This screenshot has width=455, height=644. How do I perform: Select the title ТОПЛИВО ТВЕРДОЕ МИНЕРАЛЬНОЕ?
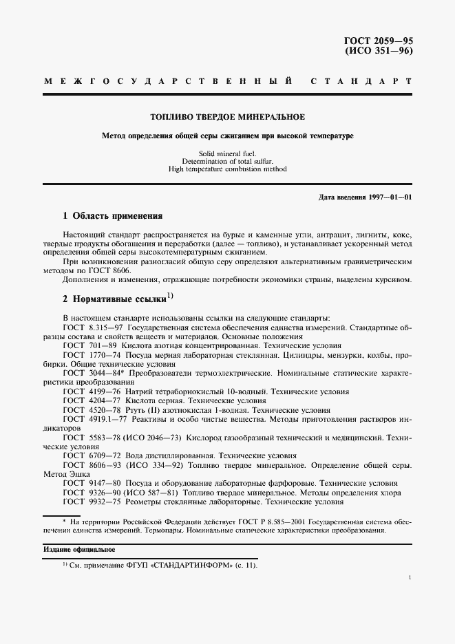point(227,118)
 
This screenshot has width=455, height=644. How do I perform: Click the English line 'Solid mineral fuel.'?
point(227,153)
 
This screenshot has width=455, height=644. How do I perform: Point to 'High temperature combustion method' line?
point(227,169)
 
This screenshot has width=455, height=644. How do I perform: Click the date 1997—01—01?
point(388,197)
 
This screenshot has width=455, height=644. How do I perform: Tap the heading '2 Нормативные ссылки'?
point(114,300)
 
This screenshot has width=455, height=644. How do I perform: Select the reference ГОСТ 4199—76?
point(92,391)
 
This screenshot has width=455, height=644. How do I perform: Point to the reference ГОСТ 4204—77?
point(92,400)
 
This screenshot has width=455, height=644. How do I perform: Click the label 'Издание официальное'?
point(70,550)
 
